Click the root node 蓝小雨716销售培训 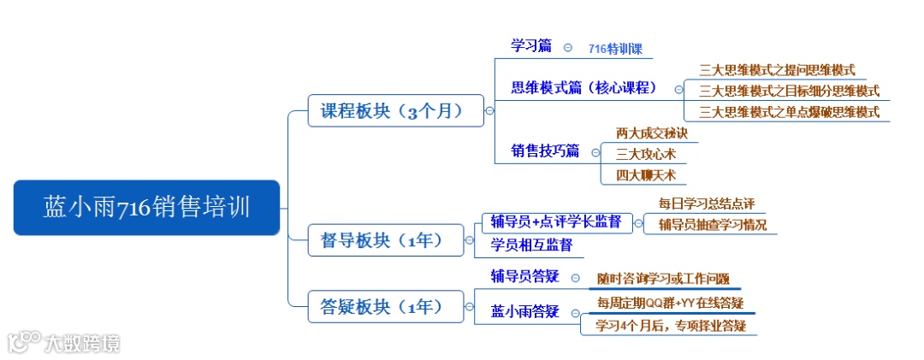tap(146, 207)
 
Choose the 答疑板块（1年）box tap(388, 305)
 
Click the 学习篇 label tap(531, 46)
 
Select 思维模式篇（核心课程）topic tap(583, 88)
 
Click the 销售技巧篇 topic tap(545, 151)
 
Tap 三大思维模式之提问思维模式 tap(777, 70)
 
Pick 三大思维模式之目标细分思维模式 tap(789, 91)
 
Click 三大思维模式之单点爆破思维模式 tap(789, 111)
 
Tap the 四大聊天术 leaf tap(645, 175)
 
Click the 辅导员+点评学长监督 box tap(556, 222)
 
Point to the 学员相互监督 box tap(530, 245)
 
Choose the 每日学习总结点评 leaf tap(706, 204)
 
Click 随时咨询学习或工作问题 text tap(663, 278)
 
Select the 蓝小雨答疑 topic tap(524, 311)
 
